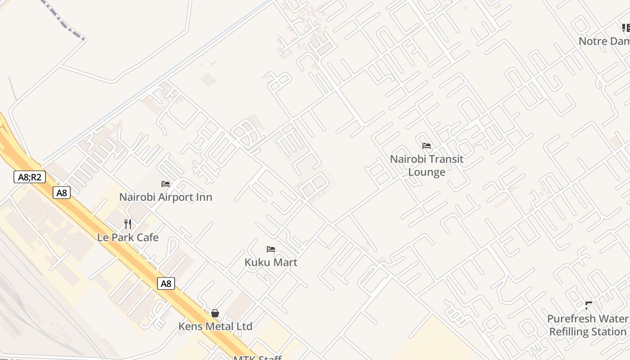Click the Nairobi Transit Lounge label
pos(427,166)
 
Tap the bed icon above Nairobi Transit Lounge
pos(427,146)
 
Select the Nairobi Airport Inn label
pos(166,197)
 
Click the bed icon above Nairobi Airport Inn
pos(166,184)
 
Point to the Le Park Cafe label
pos(128,238)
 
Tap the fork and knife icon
pos(128,224)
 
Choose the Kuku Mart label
pos(271,262)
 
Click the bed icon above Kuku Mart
pos(271,249)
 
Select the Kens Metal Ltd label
pos(215,326)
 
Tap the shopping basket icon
pos(215,313)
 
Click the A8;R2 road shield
pos(30,177)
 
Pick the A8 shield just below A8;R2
pos(62,193)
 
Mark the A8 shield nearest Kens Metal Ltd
pos(166,283)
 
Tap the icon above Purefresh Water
pos(588,306)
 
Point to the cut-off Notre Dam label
pos(604,41)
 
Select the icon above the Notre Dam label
pos(625,28)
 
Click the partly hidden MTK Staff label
pos(257,358)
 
